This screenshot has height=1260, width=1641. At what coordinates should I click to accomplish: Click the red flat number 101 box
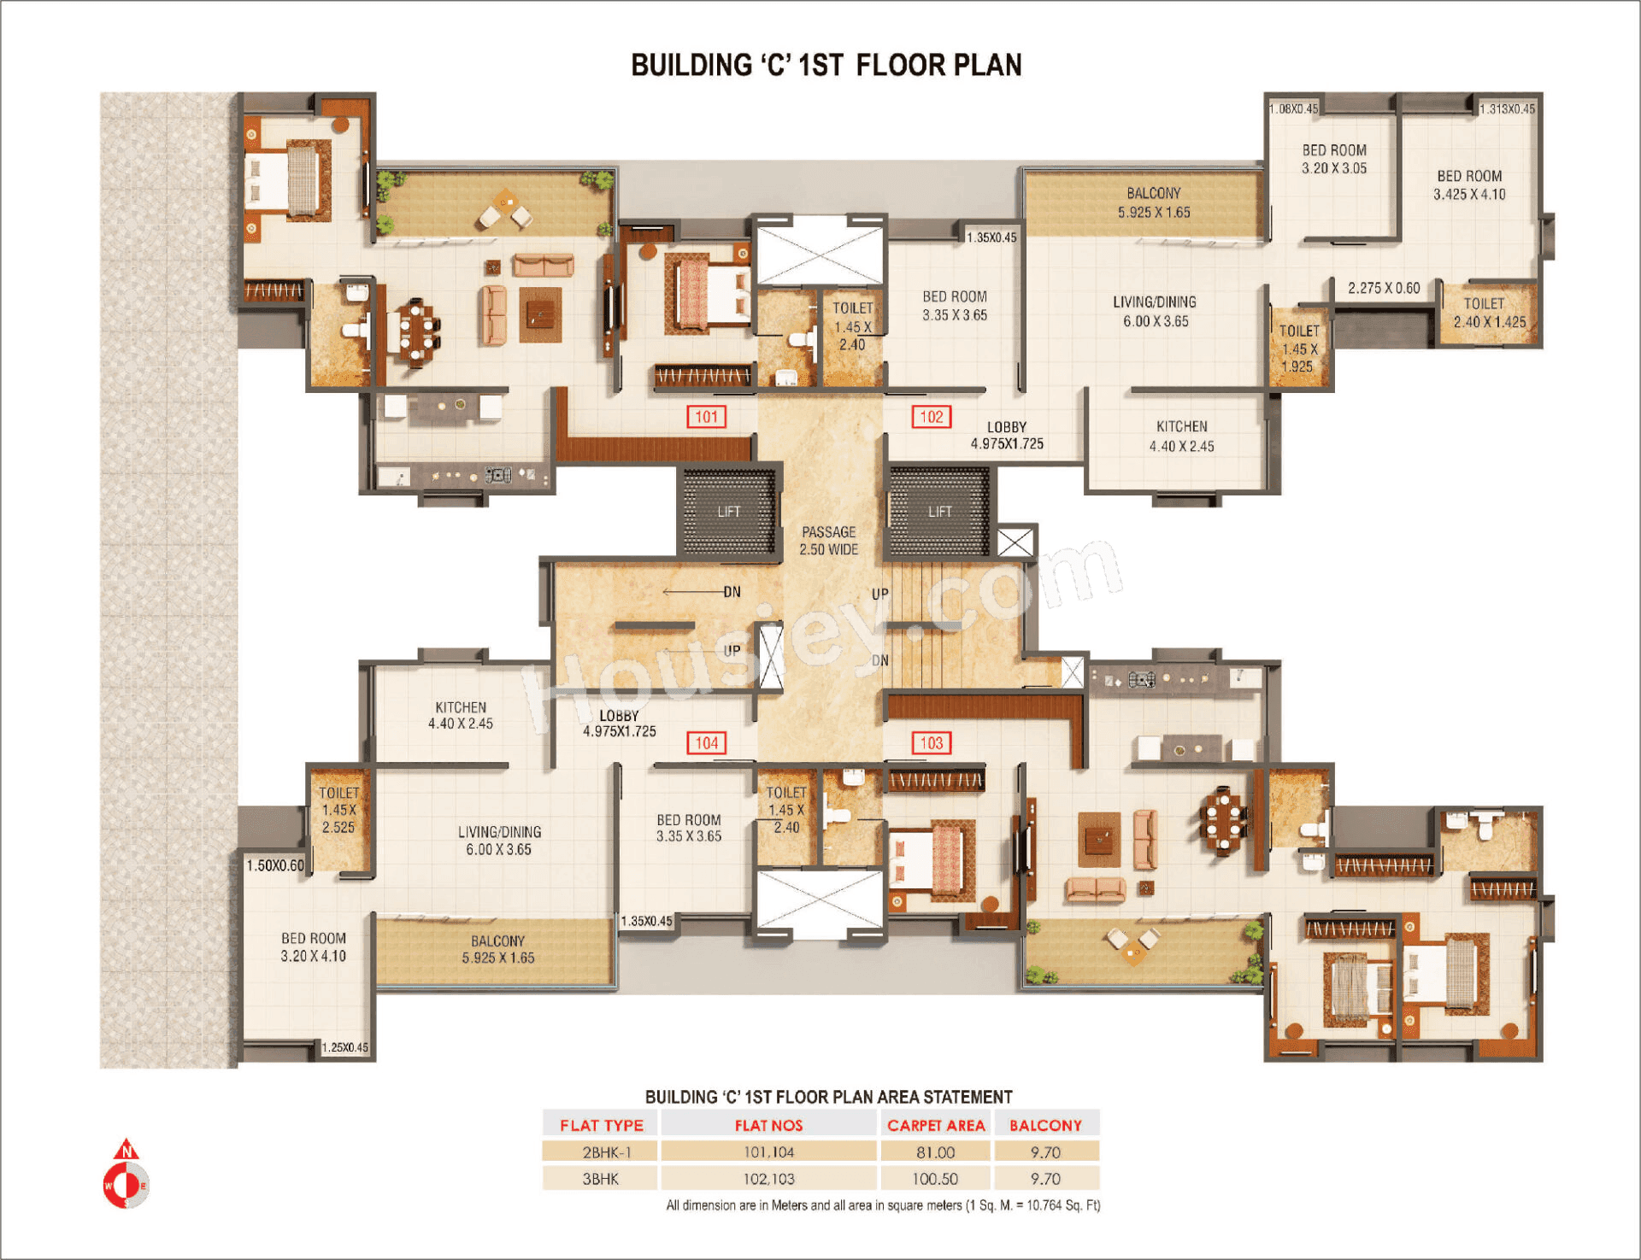[706, 417]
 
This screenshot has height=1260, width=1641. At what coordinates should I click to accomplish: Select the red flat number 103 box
[931, 743]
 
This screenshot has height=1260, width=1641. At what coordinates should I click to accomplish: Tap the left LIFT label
[729, 512]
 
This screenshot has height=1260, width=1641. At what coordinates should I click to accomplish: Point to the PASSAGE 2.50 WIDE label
[828, 541]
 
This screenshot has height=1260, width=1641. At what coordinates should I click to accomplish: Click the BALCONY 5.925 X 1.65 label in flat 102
[1154, 203]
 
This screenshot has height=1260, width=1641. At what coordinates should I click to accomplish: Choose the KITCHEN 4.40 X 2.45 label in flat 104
[461, 715]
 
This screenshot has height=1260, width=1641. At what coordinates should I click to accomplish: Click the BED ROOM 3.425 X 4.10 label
[1469, 185]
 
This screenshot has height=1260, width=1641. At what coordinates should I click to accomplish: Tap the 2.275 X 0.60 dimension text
[1384, 289]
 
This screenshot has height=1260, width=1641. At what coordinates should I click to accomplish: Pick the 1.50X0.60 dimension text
[275, 865]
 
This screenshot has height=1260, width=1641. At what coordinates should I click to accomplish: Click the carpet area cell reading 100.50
[935, 1179]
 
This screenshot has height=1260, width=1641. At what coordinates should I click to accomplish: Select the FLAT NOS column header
[768, 1125]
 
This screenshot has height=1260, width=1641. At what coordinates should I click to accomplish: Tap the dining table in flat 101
[415, 331]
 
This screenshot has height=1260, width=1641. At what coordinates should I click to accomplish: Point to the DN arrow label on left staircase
[732, 592]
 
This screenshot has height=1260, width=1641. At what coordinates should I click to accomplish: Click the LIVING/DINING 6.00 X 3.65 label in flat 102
[1155, 312]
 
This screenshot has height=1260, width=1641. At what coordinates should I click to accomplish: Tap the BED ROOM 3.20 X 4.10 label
[314, 947]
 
